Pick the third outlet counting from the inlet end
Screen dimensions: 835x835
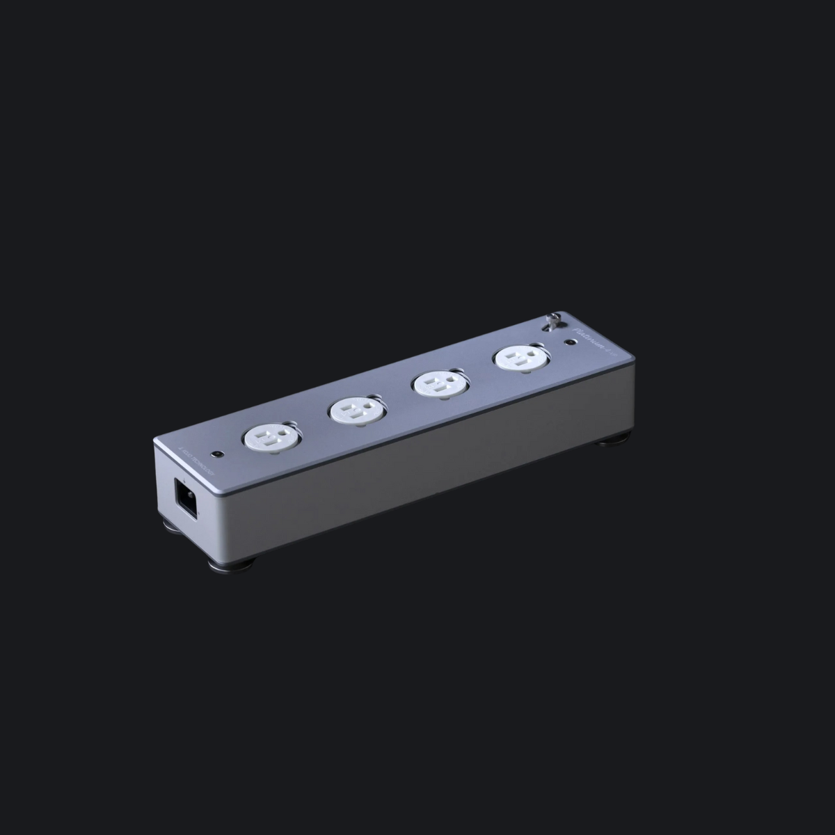(x=436, y=383)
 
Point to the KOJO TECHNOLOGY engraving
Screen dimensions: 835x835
(x=196, y=461)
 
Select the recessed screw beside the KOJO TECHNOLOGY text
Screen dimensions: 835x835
(x=217, y=454)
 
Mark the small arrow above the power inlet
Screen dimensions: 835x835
(x=184, y=480)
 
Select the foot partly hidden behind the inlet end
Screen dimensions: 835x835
(x=170, y=527)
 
